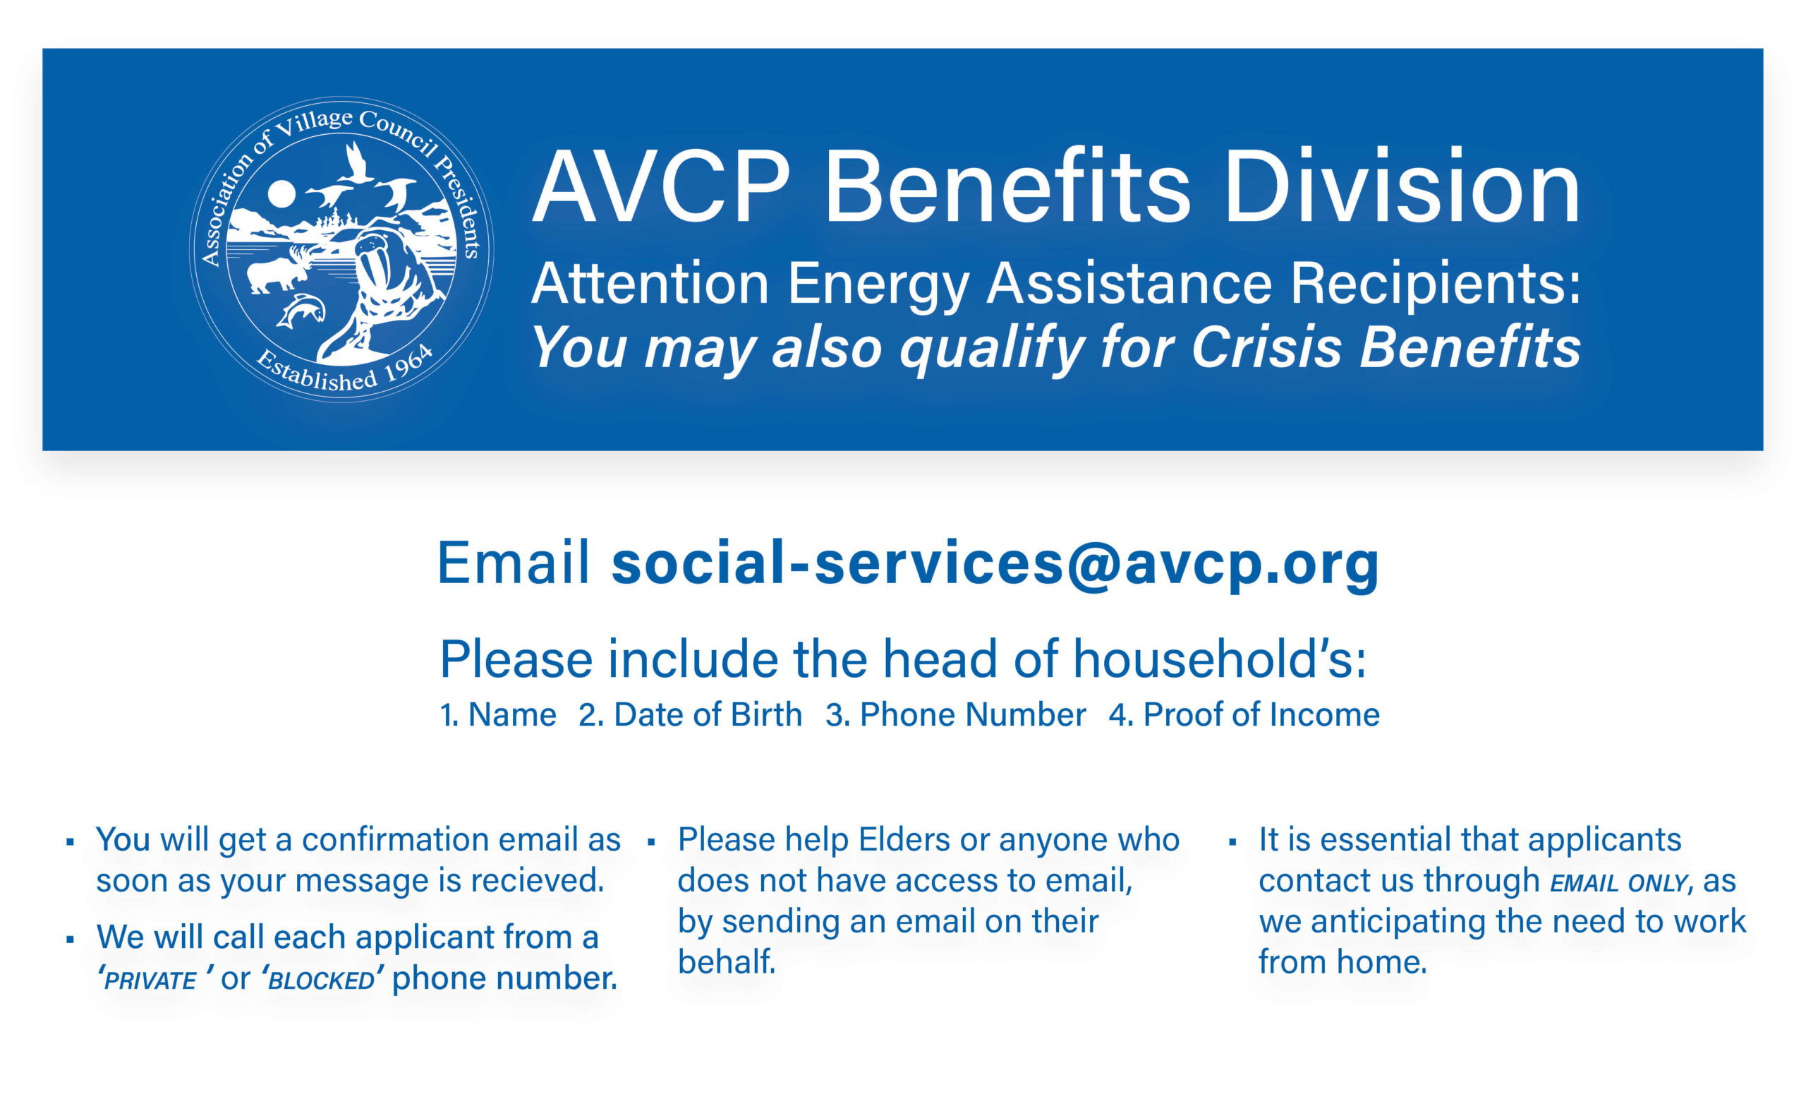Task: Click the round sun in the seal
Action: coord(281,194)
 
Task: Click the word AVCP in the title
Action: coord(661,186)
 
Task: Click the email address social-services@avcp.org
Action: coord(995,563)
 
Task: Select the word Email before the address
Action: coord(513,563)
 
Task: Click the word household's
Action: coord(1220,659)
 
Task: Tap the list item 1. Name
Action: coord(497,714)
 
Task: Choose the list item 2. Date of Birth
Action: coord(690,714)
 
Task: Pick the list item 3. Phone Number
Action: coord(955,714)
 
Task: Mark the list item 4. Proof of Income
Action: coord(1244,714)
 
